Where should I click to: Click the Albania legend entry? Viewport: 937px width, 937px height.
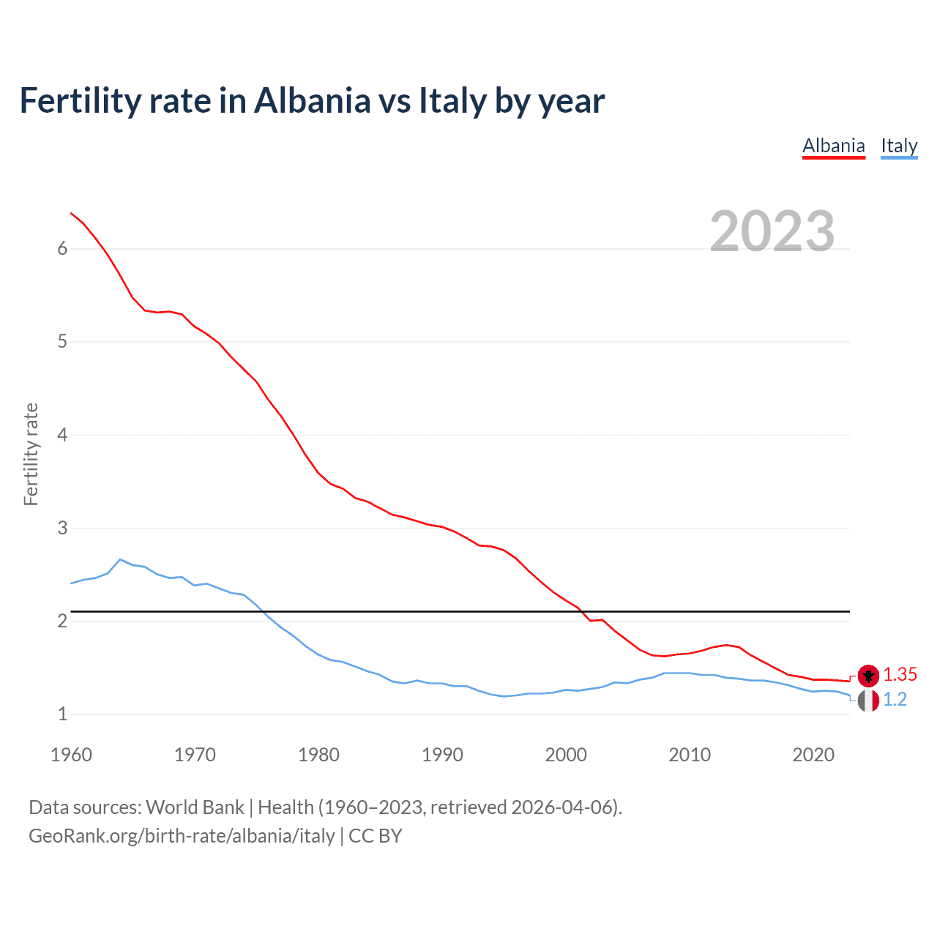[x=834, y=146]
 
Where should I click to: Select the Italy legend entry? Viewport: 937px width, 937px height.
[x=899, y=146]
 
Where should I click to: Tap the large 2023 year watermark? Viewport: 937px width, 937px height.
[x=772, y=231]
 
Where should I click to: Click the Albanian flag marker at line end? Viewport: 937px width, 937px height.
[x=868, y=675]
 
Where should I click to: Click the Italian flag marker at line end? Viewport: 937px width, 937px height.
[x=868, y=701]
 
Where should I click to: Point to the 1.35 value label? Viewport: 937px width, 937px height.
[x=900, y=674]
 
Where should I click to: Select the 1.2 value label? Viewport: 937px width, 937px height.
[x=895, y=699]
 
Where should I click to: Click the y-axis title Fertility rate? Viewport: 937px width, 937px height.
[x=31, y=454]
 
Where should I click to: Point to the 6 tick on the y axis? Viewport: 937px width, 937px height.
[x=62, y=248]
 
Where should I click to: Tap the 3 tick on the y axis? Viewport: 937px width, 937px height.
[x=62, y=528]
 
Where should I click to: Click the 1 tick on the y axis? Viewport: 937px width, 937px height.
[x=62, y=714]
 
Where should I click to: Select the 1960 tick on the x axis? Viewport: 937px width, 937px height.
[x=71, y=755]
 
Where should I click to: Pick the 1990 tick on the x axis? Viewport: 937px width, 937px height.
[x=442, y=755]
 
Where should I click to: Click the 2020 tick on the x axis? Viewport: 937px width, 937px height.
[x=813, y=755]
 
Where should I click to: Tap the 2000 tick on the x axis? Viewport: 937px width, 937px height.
[x=566, y=755]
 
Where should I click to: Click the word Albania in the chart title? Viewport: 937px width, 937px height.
[x=313, y=100]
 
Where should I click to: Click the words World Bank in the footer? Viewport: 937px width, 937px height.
[x=195, y=807]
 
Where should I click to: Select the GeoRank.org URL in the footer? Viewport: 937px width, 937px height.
[x=182, y=836]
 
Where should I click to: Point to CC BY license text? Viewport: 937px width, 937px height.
[x=376, y=836]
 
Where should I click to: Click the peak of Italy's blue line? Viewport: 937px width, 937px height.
[x=120, y=559]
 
